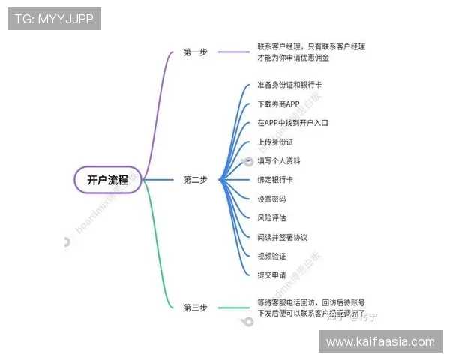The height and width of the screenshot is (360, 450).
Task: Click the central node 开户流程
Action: [x=107, y=180]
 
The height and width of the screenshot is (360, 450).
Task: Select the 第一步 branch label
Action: [x=195, y=52]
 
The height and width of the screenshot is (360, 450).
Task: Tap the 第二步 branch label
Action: [x=195, y=180]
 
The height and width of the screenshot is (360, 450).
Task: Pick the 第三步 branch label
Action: [x=195, y=307]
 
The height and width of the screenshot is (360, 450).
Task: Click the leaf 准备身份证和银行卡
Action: [x=289, y=85]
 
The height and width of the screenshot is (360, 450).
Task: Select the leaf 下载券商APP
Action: [x=278, y=103]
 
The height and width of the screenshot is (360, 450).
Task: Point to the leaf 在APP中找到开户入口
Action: [x=292, y=123]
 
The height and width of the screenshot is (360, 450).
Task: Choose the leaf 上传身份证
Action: [x=275, y=142]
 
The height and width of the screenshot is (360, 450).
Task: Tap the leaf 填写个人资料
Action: [x=279, y=161]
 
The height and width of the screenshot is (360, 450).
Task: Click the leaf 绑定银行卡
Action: [x=275, y=180]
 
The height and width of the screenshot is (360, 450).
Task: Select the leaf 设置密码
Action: [x=271, y=199]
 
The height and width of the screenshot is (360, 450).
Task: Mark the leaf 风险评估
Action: [x=271, y=218]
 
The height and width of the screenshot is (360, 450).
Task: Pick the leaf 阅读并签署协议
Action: [x=283, y=237]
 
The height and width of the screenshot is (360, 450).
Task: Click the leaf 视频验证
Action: [x=271, y=256]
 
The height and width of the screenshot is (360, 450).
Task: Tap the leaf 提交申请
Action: [x=271, y=275]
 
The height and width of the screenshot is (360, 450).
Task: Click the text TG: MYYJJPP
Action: [x=54, y=19]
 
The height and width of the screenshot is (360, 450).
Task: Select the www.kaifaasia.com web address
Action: [x=380, y=342]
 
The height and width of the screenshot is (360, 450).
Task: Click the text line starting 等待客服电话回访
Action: [x=311, y=302]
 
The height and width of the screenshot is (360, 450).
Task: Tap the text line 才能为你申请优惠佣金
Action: [x=293, y=58]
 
